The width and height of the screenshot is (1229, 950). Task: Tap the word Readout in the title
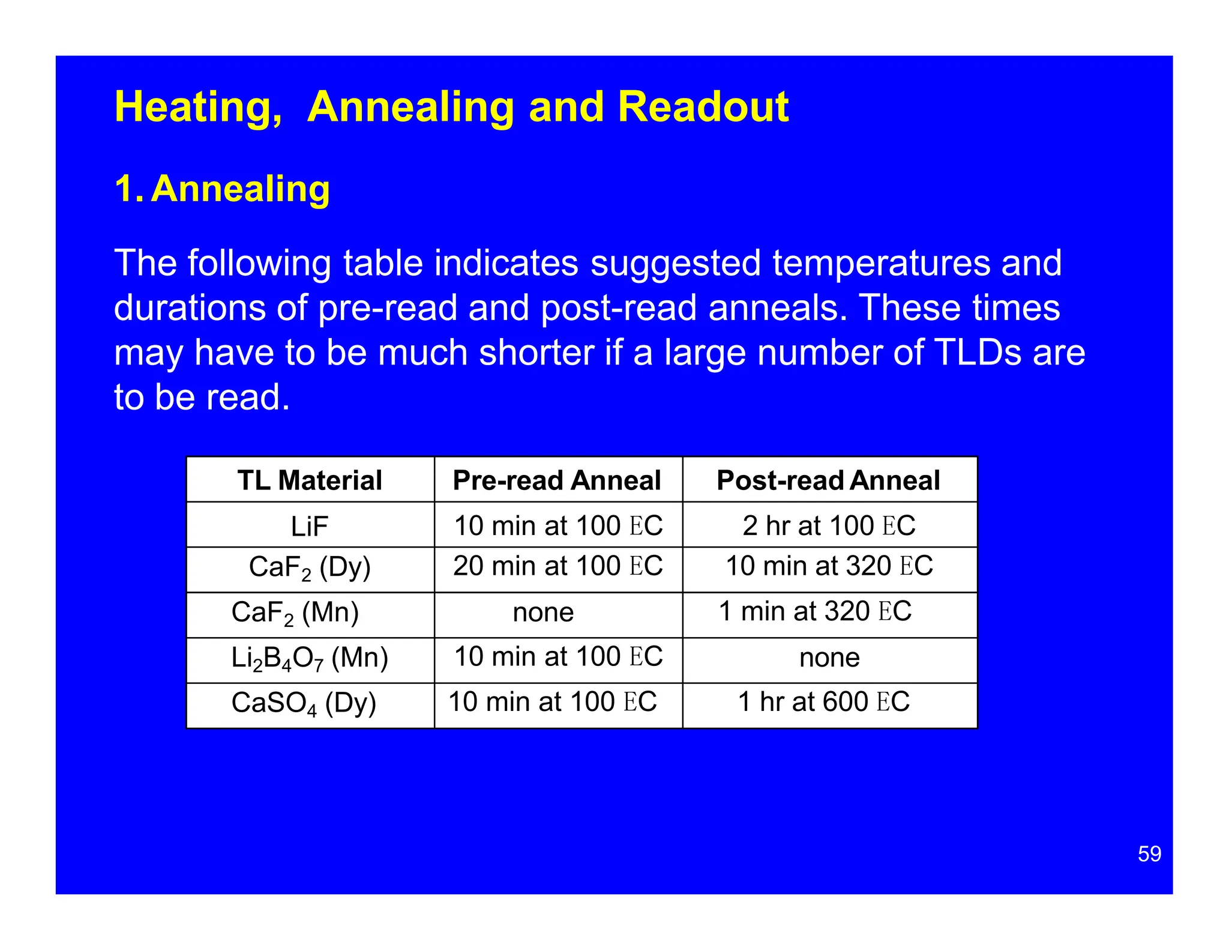703,107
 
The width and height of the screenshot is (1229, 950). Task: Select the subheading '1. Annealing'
222,189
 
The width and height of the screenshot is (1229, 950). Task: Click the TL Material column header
310,480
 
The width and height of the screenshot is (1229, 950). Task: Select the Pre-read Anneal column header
557,480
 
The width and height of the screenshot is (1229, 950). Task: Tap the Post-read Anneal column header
828,480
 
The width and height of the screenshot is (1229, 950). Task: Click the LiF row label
310,527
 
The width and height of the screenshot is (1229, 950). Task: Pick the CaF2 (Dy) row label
310,567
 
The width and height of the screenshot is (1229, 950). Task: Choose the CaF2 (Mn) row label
295,613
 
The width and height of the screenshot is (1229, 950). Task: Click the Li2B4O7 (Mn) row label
310,658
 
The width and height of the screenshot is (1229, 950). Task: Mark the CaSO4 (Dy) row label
304,703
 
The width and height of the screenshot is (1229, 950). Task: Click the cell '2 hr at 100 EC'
829,526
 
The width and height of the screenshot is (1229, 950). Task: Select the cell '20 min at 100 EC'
557,566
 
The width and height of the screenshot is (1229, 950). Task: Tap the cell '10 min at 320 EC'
829,566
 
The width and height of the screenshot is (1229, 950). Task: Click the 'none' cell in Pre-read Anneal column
543,613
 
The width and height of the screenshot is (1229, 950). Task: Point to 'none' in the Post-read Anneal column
829,658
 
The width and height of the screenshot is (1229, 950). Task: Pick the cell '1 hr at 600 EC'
823,702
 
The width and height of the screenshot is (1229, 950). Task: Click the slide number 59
1149,854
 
